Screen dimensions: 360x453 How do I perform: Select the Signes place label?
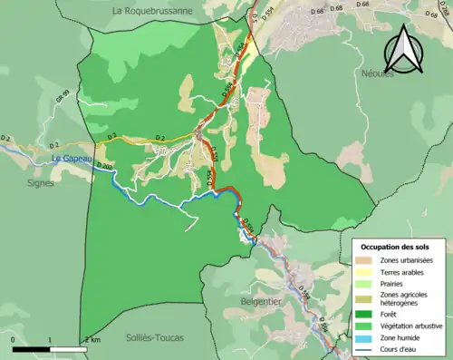[40, 182]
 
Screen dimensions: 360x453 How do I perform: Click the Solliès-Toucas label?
[154, 336]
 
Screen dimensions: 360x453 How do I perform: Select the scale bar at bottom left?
[50, 348]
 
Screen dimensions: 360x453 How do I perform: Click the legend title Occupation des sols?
[400, 247]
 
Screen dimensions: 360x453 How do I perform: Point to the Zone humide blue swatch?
[367, 335]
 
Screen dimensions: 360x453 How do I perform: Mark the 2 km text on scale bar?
[92, 339]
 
